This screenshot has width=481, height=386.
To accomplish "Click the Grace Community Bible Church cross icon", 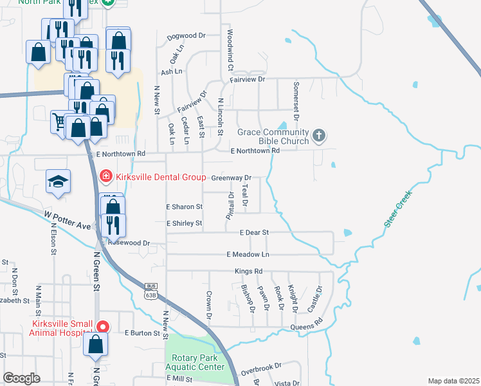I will pos(319,136).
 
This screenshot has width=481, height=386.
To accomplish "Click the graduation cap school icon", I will pos(58,181).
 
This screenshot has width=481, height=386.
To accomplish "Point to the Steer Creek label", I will pos(398,208).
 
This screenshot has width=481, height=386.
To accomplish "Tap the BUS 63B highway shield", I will pos(151,291).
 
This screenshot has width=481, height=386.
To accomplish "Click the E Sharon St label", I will pos(185,207).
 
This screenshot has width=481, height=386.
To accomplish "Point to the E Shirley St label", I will pos(185,223).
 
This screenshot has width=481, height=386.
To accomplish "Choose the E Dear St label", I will pos(253,232).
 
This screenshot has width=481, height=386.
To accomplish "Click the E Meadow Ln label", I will pos(248,255).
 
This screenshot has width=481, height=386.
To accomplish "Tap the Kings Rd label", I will pos(249,271).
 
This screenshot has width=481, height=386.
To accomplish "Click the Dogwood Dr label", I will pos(185,36).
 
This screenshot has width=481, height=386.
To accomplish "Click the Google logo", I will pos(21,378).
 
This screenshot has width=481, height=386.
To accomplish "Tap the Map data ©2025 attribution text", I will pos(453,381).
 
